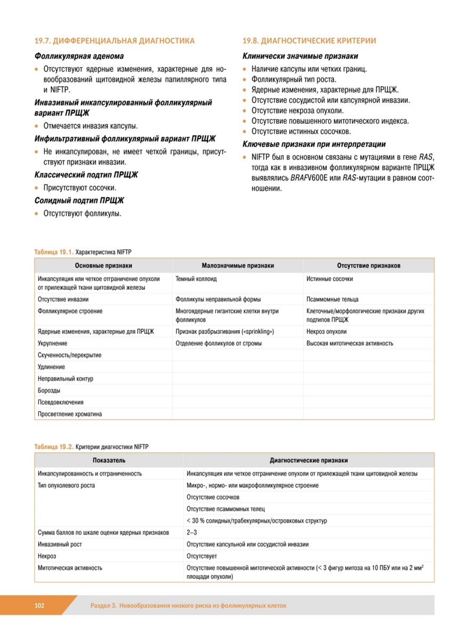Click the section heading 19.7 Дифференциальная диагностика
point(115,41)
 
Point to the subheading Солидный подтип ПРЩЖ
point(79,200)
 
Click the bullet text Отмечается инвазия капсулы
point(90,126)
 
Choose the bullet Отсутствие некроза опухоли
point(297,111)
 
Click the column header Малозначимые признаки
point(238,266)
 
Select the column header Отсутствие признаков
point(369,266)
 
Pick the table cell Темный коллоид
point(196,279)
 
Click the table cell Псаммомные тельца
point(333,299)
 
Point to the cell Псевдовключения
point(61,403)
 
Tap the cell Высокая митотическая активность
point(350,343)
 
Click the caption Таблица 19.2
point(53,446)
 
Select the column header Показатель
point(109,461)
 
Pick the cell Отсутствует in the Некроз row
point(201,556)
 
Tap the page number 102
point(39,605)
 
